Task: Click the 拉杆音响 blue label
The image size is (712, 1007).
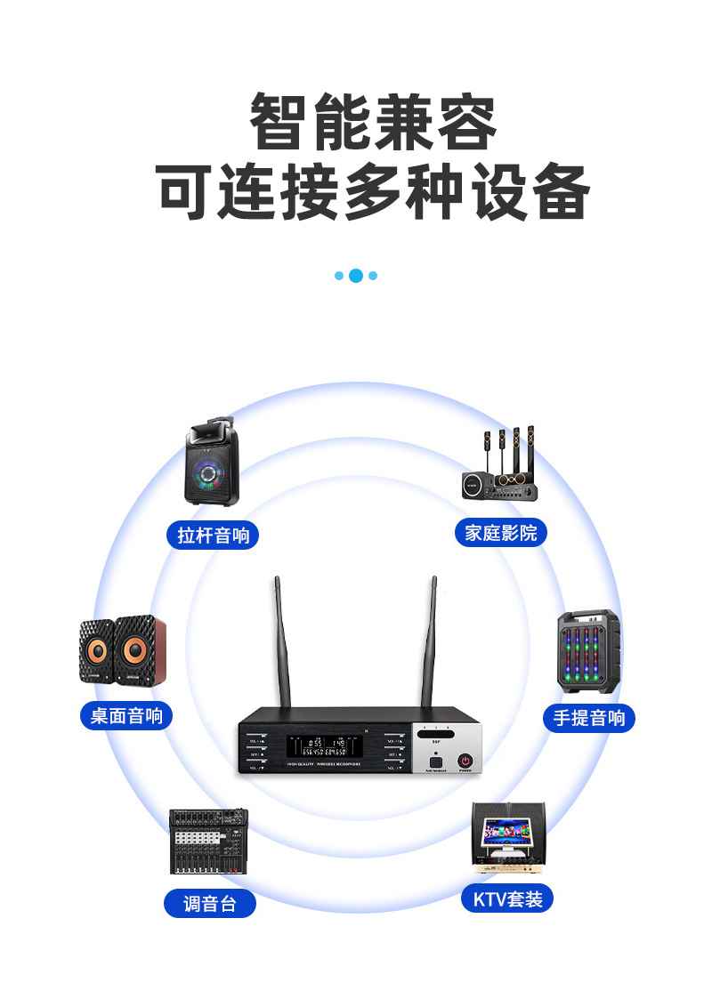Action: click(213, 535)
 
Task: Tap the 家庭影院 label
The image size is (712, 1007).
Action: click(501, 533)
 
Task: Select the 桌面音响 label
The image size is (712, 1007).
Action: click(126, 715)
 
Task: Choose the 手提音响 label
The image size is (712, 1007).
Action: click(589, 718)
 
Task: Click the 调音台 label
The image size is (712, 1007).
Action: click(210, 904)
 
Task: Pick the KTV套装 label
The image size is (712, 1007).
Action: click(507, 898)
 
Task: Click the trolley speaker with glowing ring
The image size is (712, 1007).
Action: click(214, 466)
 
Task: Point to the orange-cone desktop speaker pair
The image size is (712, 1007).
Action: click(123, 651)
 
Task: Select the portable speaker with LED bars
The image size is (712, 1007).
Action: click(588, 651)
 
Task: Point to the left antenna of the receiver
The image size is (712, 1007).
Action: click(284, 640)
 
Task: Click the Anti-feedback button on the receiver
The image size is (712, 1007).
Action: click(435, 761)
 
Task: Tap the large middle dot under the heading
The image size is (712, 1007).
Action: click(356, 276)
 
